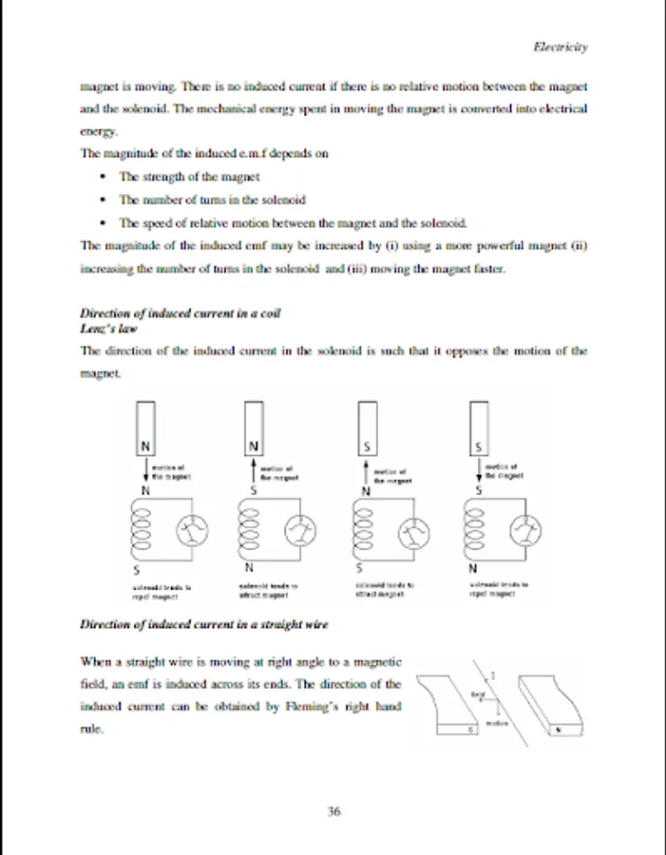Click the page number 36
coord(333,811)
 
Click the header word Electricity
coord(561,46)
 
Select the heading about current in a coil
coord(181,313)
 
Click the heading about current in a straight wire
coord(204,624)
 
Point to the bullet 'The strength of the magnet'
coord(189,176)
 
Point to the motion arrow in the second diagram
coord(255,471)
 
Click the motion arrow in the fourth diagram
coord(478,471)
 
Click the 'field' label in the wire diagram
coord(478,694)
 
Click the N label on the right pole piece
coord(558,730)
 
